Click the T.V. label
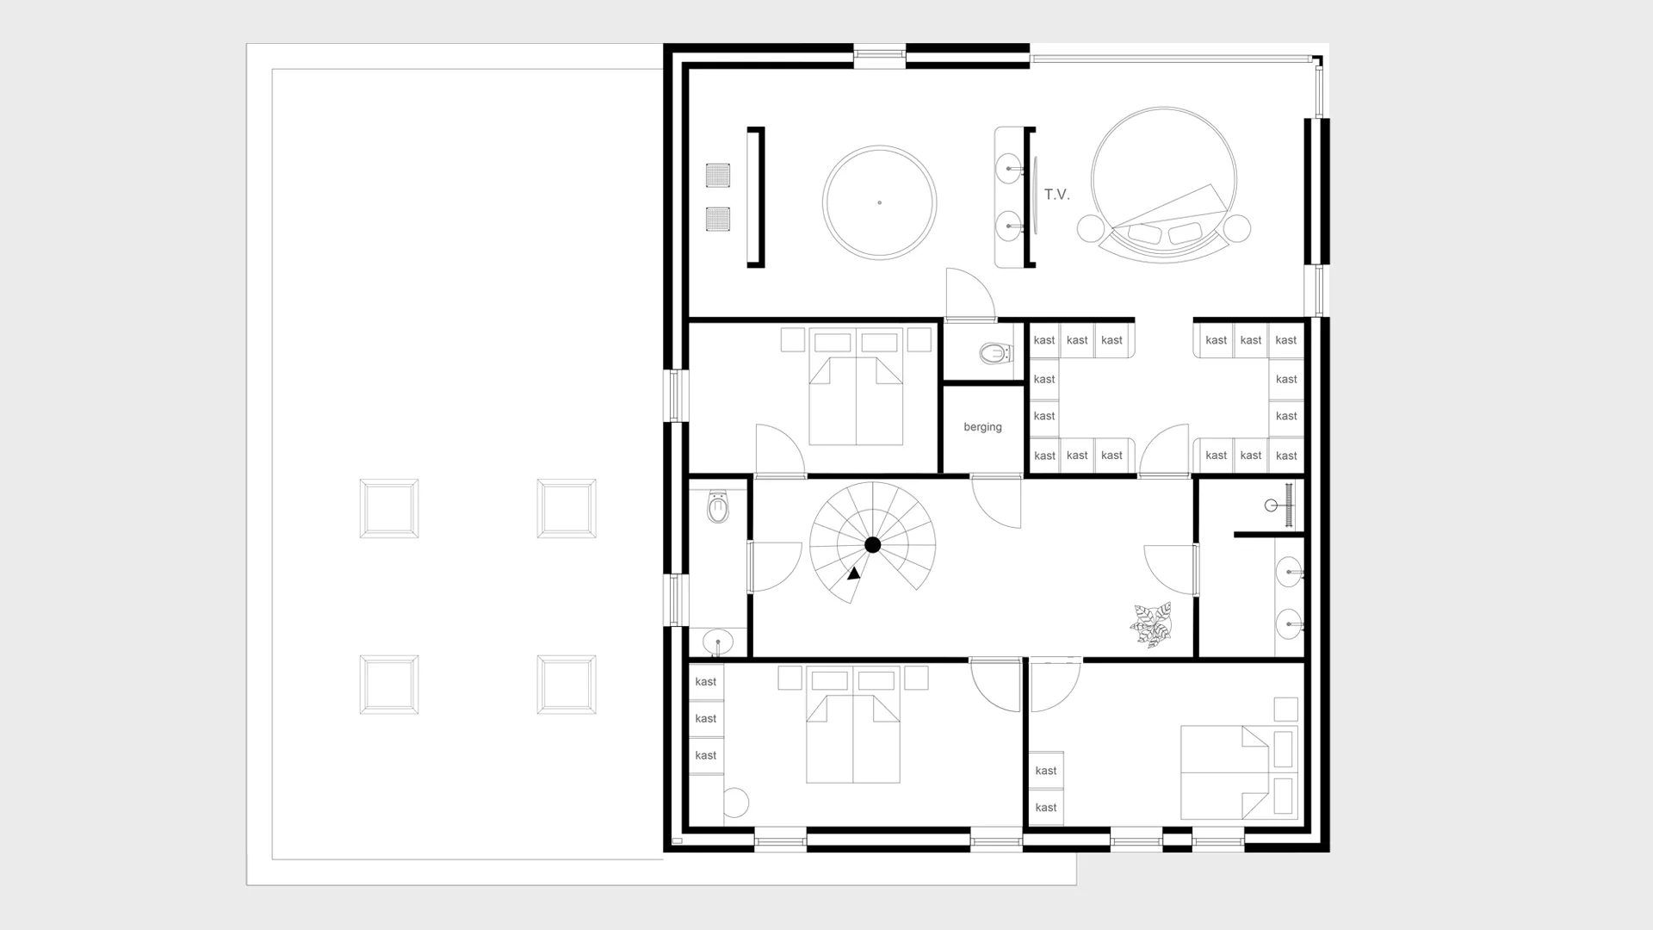pos(1056,195)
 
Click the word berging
pos(982,427)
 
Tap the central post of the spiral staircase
pos(872,544)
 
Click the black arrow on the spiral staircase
pos(853,573)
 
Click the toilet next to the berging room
pos(994,353)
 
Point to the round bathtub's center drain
pos(879,202)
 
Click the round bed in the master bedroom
pos(1163,181)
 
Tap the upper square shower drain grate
pos(718,175)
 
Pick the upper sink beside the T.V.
pos(1008,169)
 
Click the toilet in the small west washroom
pos(717,507)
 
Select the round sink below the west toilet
pos(717,642)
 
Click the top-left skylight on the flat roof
pos(389,509)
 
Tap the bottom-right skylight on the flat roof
pos(566,685)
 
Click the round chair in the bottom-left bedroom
pos(735,803)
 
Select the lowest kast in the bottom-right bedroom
pos(1046,808)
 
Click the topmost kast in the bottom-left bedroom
pos(706,682)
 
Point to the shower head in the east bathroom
pos(1272,505)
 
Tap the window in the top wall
pos(880,56)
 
